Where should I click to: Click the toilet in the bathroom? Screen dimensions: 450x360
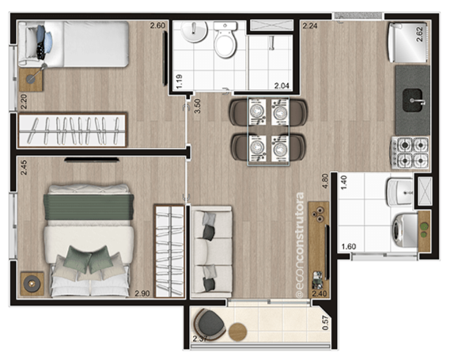click(225, 40)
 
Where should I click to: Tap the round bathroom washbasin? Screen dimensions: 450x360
click(194, 32)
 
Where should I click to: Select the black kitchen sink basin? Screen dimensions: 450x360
click(413, 100)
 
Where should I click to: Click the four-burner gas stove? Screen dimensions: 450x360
click(410, 153)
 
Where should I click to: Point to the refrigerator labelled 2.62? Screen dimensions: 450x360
click(408, 43)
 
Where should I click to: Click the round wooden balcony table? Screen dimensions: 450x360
click(237, 332)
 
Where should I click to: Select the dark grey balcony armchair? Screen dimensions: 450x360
click(210, 324)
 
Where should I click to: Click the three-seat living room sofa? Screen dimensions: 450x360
click(211, 252)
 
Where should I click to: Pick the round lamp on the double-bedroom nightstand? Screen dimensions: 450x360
click(32, 283)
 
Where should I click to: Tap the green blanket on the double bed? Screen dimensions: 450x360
click(89, 207)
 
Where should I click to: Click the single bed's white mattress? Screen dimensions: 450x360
click(96, 44)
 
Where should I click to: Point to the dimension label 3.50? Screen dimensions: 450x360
click(197, 106)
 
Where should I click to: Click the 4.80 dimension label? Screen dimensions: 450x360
click(325, 181)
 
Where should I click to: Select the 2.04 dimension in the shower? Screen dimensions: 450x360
click(282, 85)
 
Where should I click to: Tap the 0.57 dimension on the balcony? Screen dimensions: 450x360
click(325, 322)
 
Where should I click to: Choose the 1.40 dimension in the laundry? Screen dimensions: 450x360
click(343, 182)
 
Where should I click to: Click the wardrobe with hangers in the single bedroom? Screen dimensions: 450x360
click(72, 130)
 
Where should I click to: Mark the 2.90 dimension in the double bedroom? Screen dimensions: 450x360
click(142, 294)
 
